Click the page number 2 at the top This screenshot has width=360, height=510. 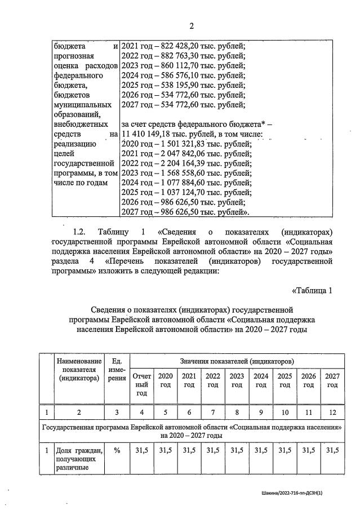point(191,26)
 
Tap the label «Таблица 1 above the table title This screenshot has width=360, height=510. point(313,290)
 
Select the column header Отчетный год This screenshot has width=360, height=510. point(142,384)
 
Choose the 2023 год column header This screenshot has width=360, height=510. point(237,380)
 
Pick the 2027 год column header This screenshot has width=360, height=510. point(332,380)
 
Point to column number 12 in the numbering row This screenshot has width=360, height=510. point(332,413)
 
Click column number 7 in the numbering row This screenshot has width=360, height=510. point(213,413)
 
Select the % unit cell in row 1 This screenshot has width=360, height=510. point(117,450)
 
